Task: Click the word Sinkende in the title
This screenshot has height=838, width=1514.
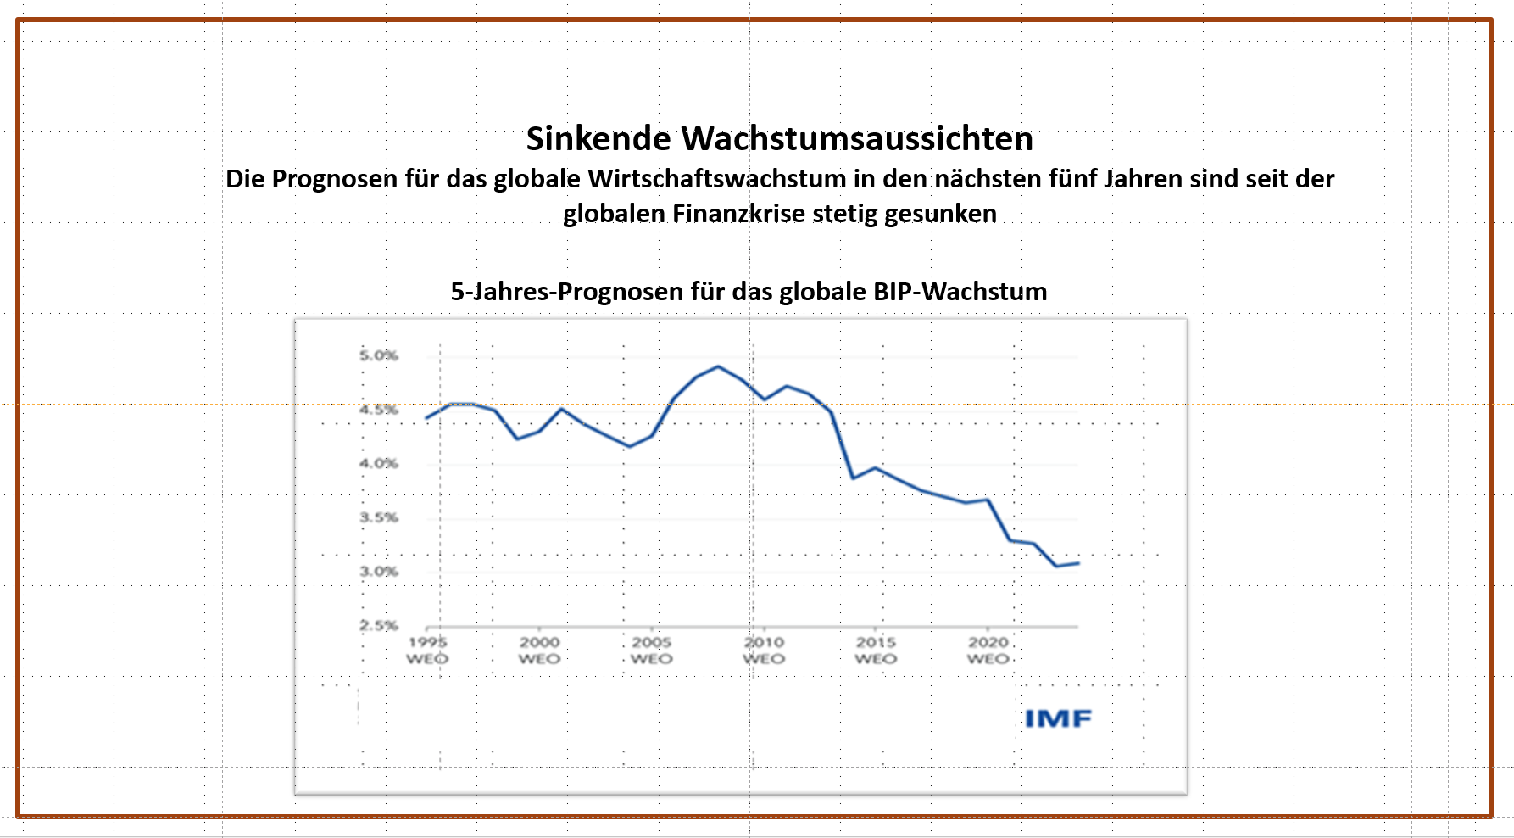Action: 598,139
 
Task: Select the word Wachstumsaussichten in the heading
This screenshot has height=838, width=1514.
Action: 857,139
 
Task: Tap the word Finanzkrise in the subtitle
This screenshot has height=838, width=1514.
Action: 738,214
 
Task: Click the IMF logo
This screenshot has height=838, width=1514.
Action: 1058,719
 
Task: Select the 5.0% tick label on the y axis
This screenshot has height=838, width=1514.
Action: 378,355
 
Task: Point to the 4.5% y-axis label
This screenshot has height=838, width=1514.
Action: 378,410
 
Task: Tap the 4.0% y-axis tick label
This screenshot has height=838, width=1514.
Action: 378,463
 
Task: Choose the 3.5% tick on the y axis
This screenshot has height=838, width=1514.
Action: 378,517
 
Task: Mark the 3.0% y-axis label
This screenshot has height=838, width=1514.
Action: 378,572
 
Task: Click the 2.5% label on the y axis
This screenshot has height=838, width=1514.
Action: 378,625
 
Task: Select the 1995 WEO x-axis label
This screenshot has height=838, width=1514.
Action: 427,651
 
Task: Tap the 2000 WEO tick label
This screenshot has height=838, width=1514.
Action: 539,651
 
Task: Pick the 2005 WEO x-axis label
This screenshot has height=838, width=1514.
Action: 651,651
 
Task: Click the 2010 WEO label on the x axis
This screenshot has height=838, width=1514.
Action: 764,651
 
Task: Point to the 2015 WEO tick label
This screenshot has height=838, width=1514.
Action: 876,651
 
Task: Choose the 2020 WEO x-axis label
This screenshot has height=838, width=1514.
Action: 988,651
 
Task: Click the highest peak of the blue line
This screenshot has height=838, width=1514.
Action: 719,366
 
